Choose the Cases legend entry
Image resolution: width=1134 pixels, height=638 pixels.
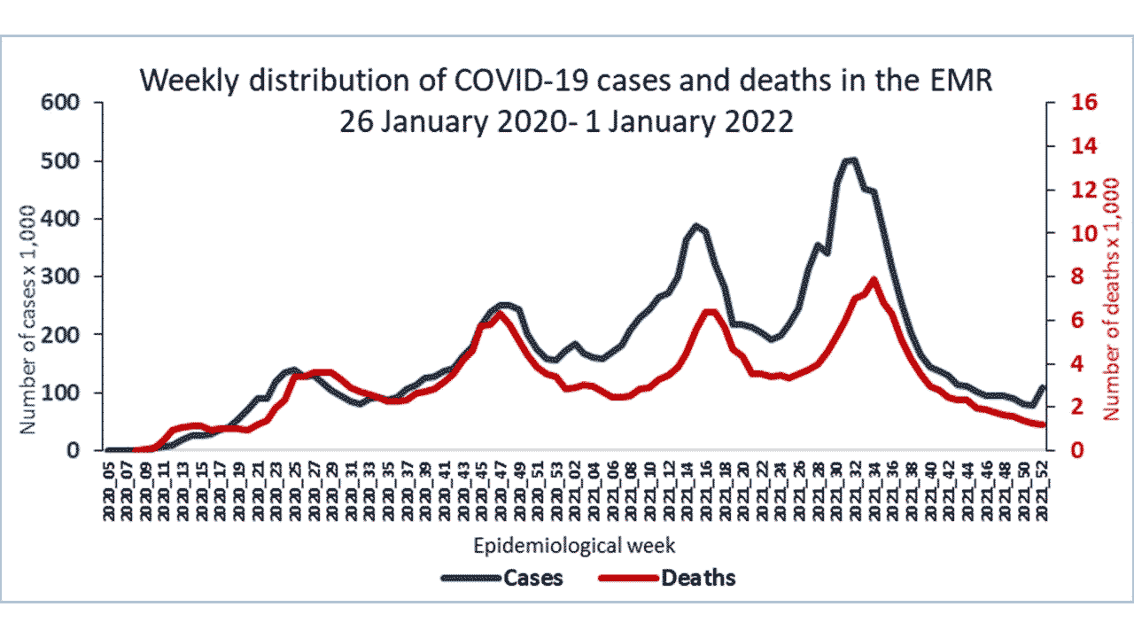click(x=532, y=578)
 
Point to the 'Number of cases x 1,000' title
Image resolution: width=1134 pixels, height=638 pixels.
click(x=28, y=319)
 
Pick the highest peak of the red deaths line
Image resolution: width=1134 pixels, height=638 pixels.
click(x=874, y=280)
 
